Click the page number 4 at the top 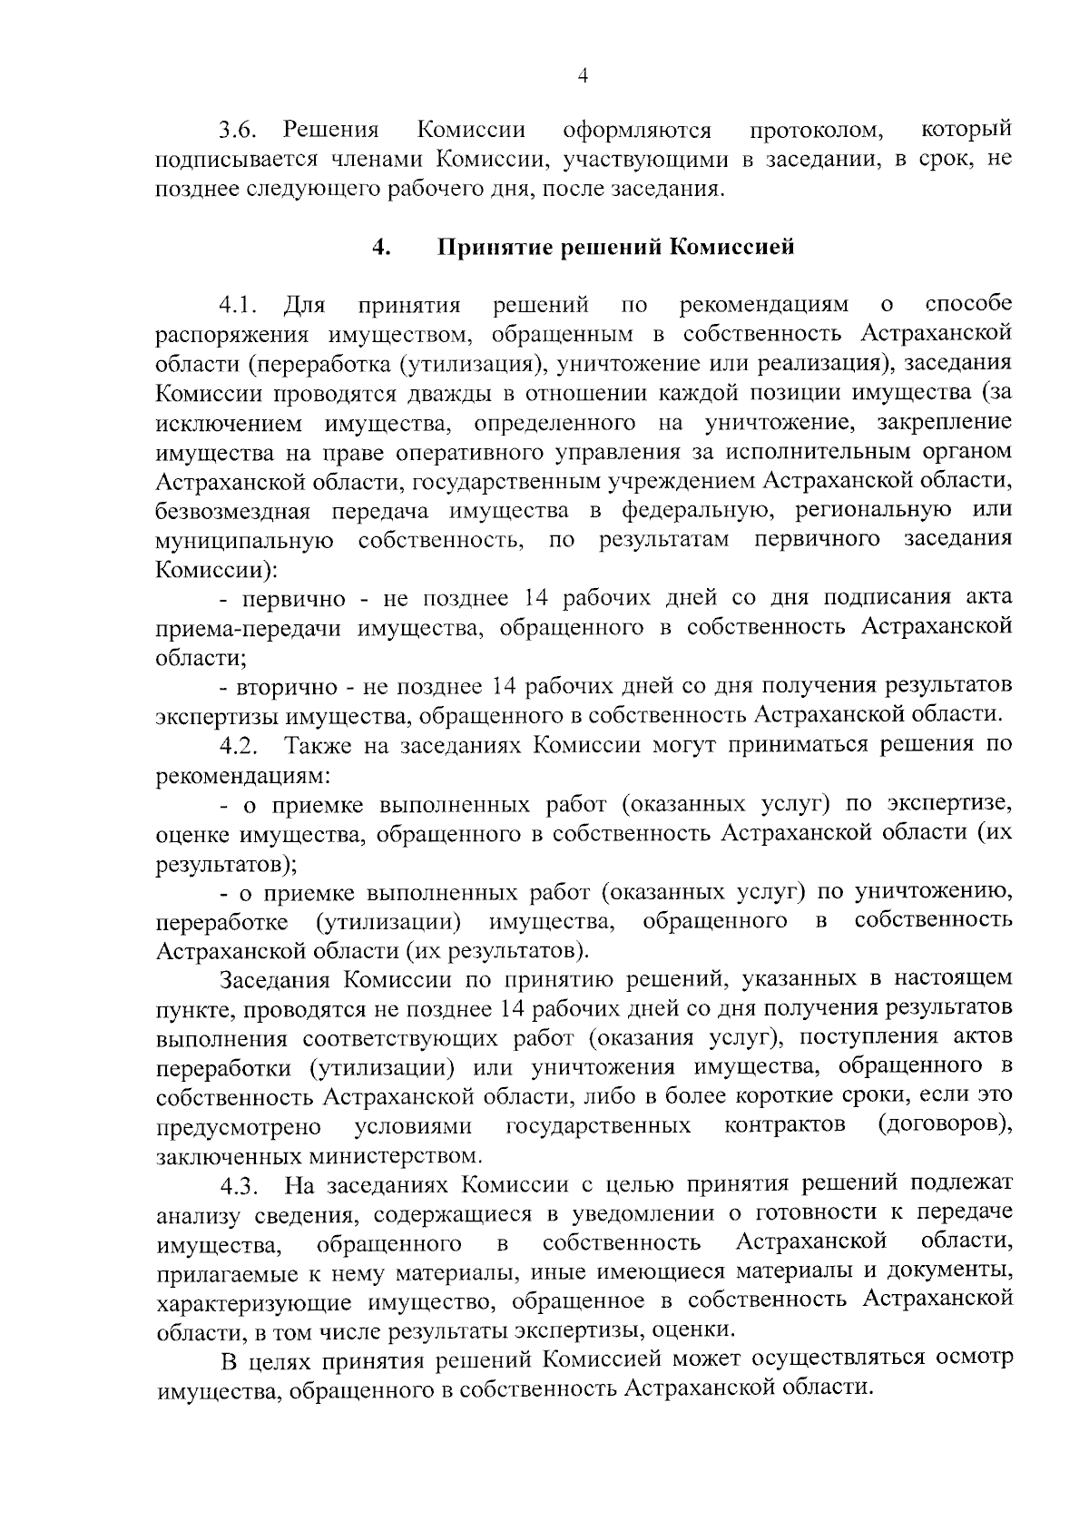pos(583,78)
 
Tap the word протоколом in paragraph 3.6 pos(815,132)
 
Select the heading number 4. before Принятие pos(381,247)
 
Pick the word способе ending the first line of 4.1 pos(968,303)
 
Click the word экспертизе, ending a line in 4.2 pos(949,805)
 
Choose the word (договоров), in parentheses pos(945,1126)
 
